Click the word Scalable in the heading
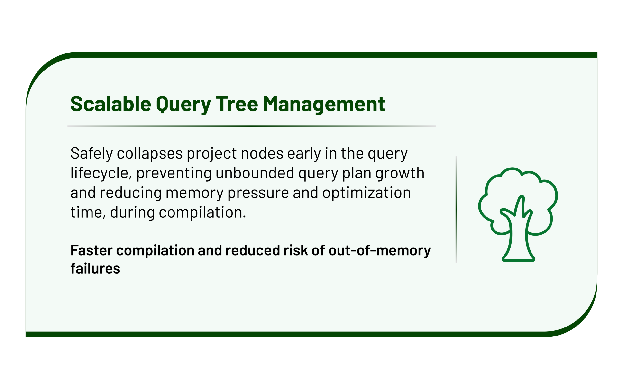111,104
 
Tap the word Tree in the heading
237,104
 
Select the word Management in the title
324,105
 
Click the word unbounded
255,173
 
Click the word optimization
366,193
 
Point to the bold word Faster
92,250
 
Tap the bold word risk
295,250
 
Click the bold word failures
95,269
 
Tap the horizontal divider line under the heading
252,126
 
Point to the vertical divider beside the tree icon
456,209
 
